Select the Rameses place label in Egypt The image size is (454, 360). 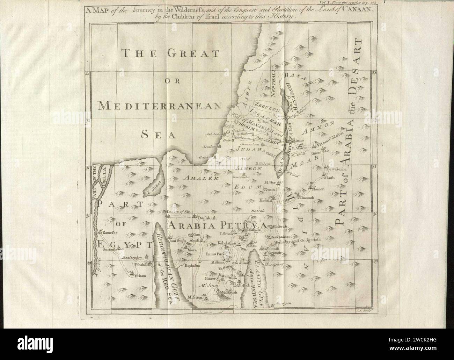click(109, 232)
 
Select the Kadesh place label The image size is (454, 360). click(266, 201)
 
